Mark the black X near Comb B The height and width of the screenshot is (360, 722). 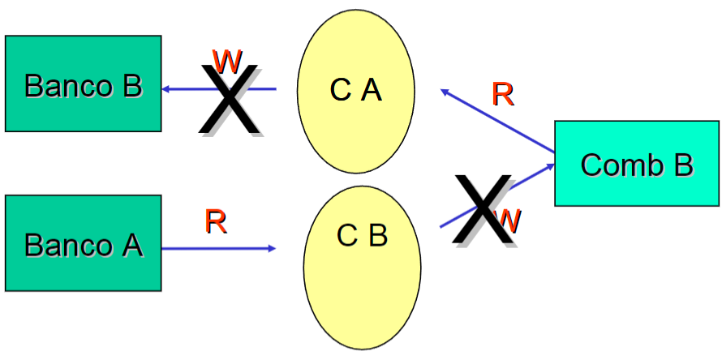tap(483, 208)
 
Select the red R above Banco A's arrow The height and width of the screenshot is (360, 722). tap(216, 221)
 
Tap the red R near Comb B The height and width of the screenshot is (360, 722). tap(503, 95)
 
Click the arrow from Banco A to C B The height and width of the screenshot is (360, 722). tap(219, 248)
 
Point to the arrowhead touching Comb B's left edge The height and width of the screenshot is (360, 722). tap(549, 166)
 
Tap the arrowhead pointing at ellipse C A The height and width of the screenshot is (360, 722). tap(445, 92)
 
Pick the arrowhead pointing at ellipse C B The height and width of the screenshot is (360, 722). tap(272, 248)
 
